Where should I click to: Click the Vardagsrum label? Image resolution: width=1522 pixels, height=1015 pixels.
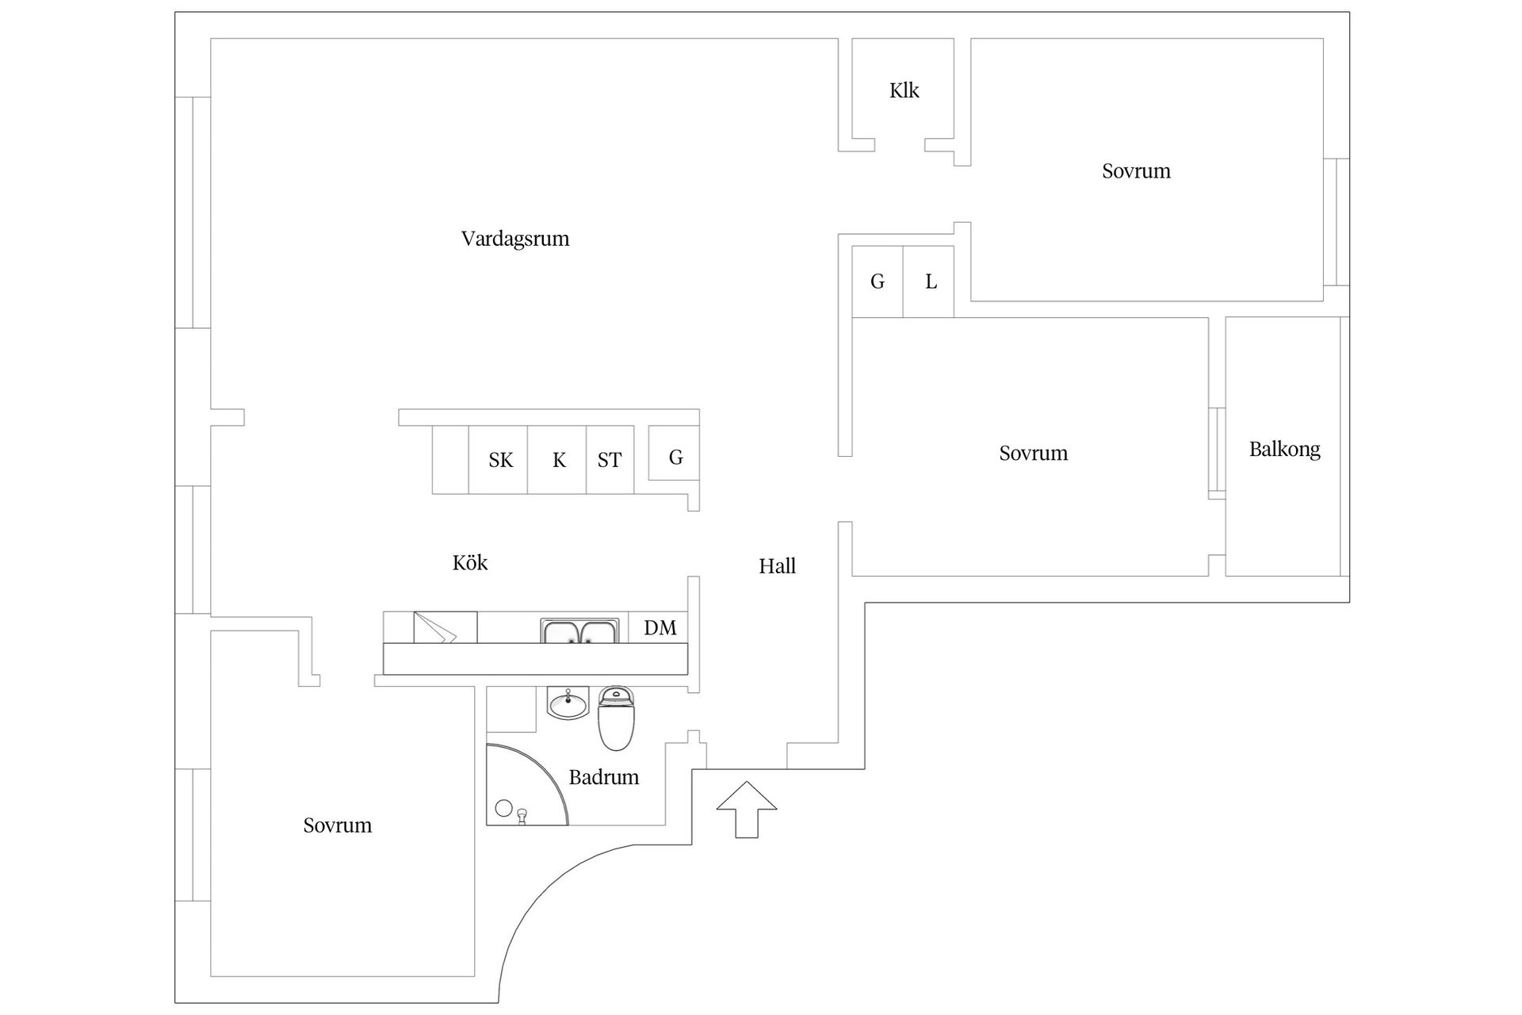pos(515,239)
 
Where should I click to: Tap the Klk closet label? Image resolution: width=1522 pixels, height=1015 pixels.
pos(904,90)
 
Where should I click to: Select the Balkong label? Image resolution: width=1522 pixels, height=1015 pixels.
pos(1285,450)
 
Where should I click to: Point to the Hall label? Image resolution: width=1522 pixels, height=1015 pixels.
pos(777,566)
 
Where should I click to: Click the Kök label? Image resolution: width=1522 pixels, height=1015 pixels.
pos(470,562)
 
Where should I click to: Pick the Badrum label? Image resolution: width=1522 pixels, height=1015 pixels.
pos(604,777)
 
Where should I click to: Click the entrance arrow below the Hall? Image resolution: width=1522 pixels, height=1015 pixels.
pos(747,809)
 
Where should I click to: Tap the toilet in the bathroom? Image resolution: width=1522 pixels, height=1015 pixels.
pos(617,718)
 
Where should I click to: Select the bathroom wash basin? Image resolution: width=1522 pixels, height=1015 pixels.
pos(568,703)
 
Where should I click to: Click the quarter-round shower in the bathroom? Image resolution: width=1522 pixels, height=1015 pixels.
pos(527,784)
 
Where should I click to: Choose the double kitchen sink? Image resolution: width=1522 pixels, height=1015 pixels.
pos(580,631)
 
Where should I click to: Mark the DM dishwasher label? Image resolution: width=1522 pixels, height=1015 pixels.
pos(660,628)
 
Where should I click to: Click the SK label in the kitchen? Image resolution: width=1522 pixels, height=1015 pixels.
pos(501,461)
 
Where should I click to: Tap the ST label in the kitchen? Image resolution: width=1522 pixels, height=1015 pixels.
pos(610,461)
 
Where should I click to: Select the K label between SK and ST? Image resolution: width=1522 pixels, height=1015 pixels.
pos(559,461)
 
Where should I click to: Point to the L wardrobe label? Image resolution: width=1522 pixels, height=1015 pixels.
pos(931,282)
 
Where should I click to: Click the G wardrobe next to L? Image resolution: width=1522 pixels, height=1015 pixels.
pos(878,282)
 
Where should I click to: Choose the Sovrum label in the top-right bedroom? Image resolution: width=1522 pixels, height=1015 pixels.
pos(1136,171)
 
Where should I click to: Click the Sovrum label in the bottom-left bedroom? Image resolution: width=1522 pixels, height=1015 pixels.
pos(338,825)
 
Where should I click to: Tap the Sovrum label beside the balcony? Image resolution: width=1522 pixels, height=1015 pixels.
pos(1034,454)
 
